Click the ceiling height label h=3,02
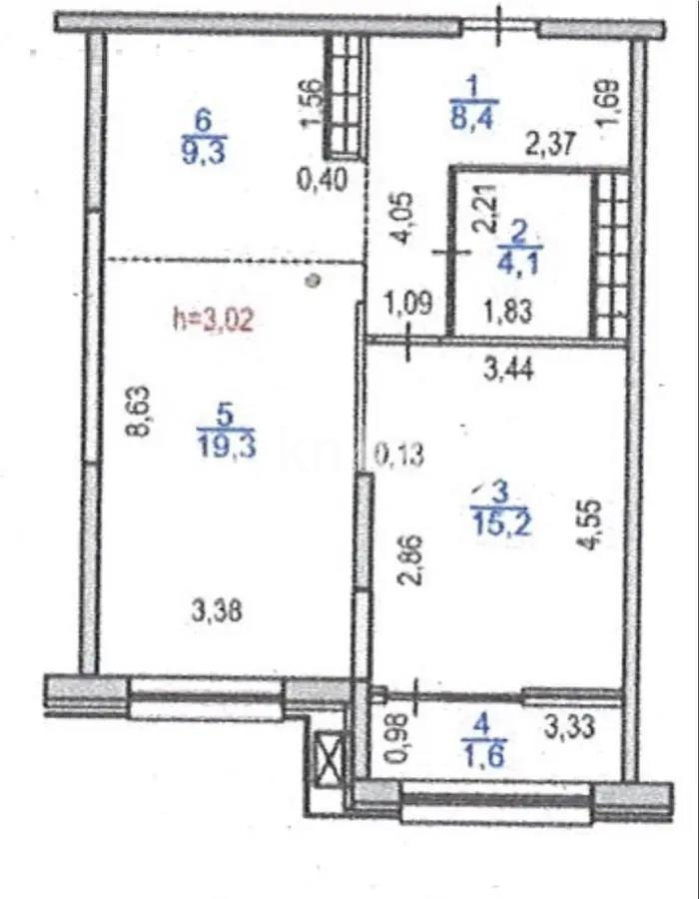point(216,320)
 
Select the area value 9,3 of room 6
point(205,153)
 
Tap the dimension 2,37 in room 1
point(550,146)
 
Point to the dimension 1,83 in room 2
point(506,310)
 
